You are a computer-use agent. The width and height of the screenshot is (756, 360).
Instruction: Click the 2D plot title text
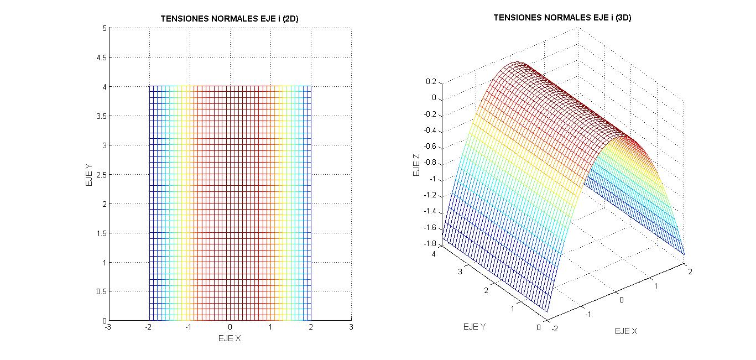230,19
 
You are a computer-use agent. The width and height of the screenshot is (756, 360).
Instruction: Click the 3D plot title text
562,18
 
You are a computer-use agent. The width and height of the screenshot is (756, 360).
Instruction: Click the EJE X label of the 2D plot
230,338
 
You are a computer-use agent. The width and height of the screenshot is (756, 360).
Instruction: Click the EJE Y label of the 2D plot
89,174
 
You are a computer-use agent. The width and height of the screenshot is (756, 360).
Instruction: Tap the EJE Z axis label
416,164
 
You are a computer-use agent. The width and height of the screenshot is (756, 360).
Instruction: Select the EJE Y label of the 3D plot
474,327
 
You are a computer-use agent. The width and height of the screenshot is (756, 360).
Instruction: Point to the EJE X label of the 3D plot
626,331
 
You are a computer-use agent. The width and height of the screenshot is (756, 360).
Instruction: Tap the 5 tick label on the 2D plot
104,28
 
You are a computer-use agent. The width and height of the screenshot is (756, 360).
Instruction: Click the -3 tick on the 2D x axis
108,327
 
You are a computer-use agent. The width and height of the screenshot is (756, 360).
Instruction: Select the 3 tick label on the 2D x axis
351,327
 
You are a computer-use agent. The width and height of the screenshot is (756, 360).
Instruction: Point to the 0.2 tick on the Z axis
431,82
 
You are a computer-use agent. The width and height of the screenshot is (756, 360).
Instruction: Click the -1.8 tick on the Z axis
429,244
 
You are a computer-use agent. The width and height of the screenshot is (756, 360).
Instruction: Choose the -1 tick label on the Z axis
433,179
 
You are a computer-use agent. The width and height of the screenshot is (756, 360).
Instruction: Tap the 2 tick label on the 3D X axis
690,271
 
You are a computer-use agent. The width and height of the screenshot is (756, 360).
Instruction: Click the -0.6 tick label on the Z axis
429,147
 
